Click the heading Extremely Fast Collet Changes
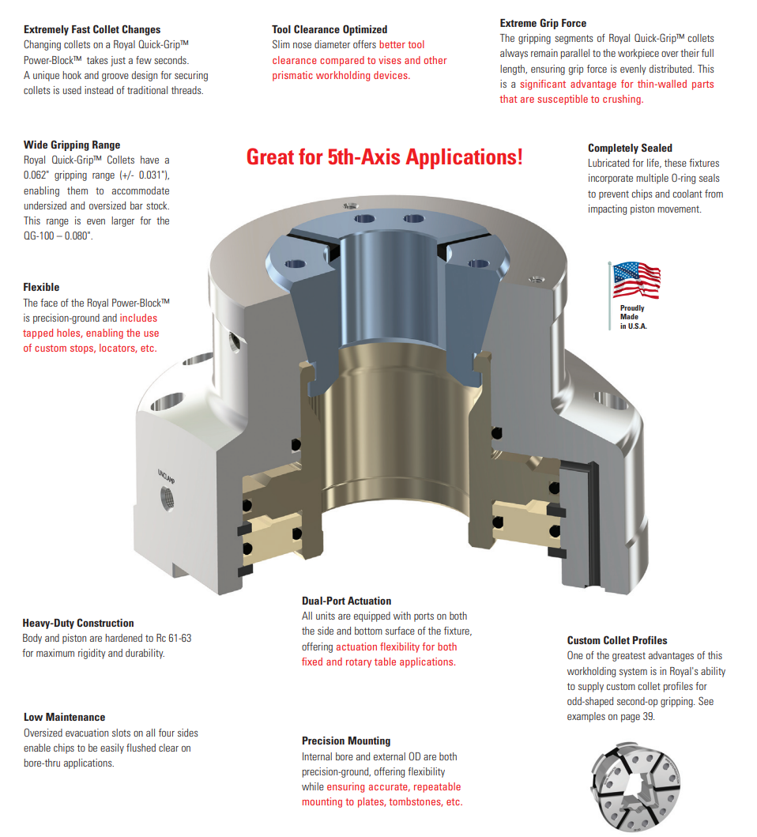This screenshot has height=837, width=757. click(92, 29)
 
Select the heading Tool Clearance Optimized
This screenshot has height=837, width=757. click(330, 29)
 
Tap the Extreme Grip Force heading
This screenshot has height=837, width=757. click(543, 23)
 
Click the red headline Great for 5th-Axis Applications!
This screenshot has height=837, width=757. click(384, 157)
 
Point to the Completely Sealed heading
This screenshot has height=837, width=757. click(630, 148)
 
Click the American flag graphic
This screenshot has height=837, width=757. click(635, 281)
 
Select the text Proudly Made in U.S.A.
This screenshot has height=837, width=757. click(633, 317)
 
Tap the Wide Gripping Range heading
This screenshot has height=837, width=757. click(72, 145)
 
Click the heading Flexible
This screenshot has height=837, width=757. click(41, 287)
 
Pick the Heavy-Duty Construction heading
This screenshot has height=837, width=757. click(78, 623)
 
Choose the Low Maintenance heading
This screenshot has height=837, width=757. click(64, 717)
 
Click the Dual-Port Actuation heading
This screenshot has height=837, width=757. click(346, 601)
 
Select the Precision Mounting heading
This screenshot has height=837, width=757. click(346, 741)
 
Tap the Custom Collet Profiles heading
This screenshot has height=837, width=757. click(617, 640)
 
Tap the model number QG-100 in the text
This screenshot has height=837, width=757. click(39, 236)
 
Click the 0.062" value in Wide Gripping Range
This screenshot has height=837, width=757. click(36, 175)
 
